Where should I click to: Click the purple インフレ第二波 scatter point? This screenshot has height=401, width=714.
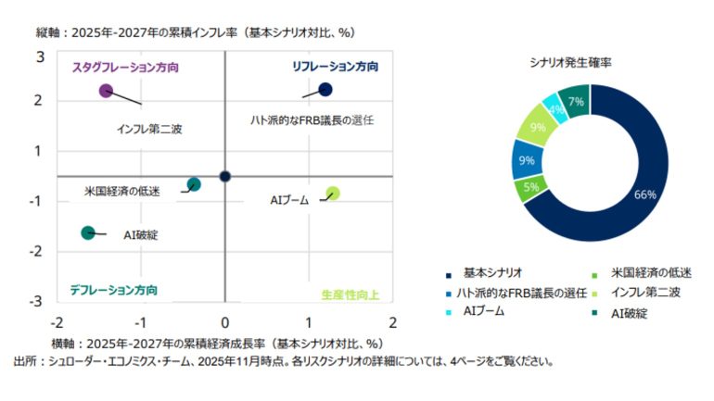(106, 91)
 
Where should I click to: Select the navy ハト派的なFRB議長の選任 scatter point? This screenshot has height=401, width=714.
(325, 90)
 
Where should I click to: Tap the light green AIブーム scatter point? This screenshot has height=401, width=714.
(333, 194)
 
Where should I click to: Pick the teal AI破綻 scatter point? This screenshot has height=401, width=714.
(88, 232)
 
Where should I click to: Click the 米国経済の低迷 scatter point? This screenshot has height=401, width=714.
(194, 184)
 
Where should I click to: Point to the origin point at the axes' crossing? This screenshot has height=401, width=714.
(225, 176)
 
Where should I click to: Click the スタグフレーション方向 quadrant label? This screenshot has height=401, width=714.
(125, 68)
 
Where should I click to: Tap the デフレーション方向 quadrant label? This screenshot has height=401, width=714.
(113, 290)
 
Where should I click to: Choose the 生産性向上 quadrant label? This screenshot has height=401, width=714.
(356, 294)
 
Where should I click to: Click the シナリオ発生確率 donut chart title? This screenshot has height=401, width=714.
(576, 63)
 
